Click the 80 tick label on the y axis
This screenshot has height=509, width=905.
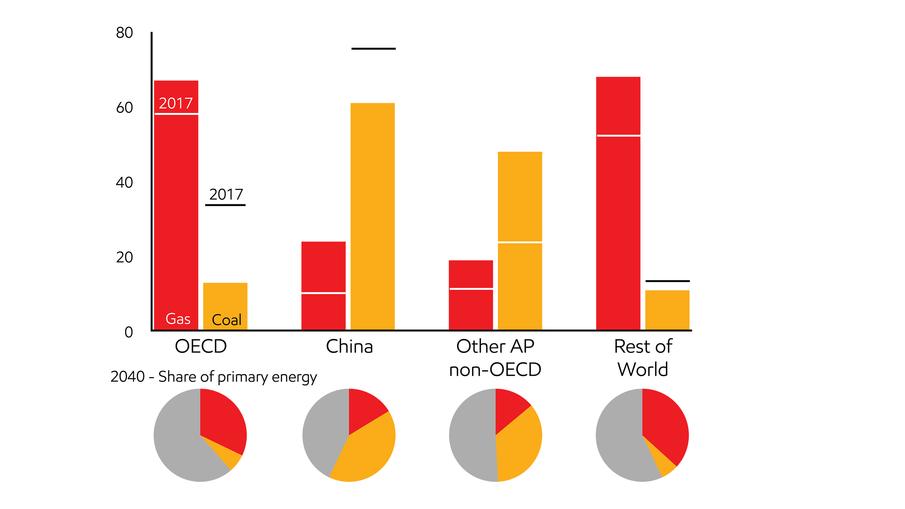pyautogui.click(x=124, y=33)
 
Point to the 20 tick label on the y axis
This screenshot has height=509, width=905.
pyautogui.click(x=124, y=258)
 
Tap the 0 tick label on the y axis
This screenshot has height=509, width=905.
pyautogui.click(x=129, y=332)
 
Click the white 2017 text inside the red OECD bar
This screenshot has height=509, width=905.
pyautogui.click(x=176, y=103)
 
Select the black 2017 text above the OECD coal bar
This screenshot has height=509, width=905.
pyautogui.click(x=226, y=194)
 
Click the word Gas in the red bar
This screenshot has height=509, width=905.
pyautogui.click(x=178, y=319)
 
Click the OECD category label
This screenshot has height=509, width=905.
pyautogui.click(x=200, y=346)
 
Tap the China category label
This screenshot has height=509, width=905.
pyautogui.click(x=349, y=346)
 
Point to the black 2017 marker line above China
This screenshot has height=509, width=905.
pyautogui.click(x=373, y=49)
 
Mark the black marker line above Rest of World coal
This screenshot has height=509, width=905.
pyautogui.click(x=667, y=281)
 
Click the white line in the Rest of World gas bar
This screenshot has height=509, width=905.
pyautogui.click(x=618, y=135)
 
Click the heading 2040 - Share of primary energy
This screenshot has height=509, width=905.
pyautogui.click(x=214, y=377)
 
